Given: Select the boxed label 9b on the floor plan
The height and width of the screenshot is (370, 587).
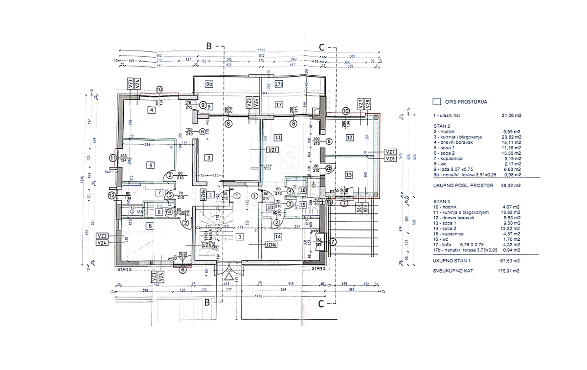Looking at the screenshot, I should coord(209,84).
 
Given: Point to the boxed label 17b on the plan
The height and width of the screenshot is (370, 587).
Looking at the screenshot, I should coord(279,84).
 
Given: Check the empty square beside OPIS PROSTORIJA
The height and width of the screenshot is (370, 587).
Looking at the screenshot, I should coord(437,102).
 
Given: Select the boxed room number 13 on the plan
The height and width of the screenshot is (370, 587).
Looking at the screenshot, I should coord(349,175).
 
